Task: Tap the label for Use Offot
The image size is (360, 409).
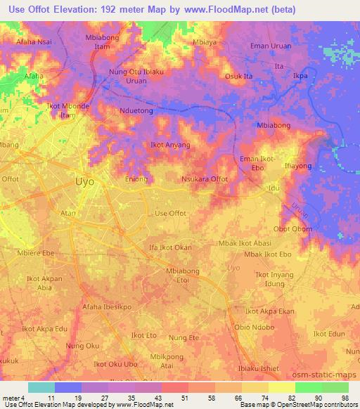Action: tap(170, 213)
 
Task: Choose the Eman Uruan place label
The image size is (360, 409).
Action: tap(271, 46)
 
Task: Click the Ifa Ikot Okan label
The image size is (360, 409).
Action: tap(170, 247)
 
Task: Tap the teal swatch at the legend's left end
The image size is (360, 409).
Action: tap(41, 387)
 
